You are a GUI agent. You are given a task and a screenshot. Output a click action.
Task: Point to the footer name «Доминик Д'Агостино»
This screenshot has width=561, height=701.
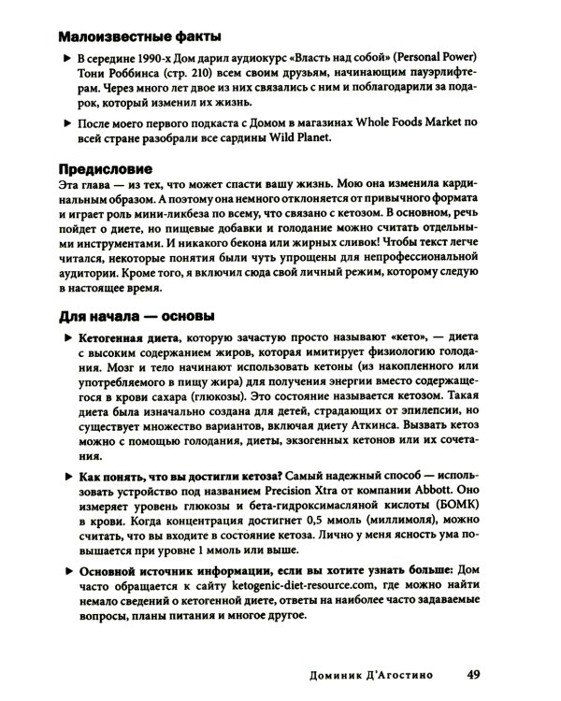(x=366, y=672)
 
